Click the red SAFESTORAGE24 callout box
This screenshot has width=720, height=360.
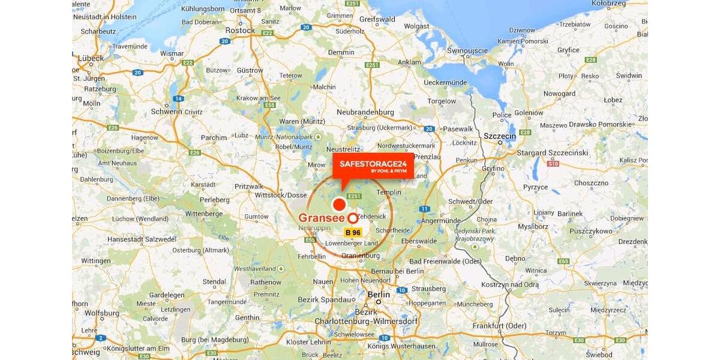pos(373,166)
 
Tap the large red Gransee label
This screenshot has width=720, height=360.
pos(322,218)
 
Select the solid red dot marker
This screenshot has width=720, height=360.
pos(340,204)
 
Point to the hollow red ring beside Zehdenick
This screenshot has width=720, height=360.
pos(353,218)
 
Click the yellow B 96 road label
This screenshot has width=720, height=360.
pos(353,232)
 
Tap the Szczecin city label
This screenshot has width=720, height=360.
pos(500,136)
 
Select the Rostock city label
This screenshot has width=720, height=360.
pos(240,30)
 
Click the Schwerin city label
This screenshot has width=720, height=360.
pos(167,112)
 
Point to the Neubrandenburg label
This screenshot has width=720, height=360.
pos(365,112)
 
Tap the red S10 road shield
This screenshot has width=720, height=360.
pos(553,163)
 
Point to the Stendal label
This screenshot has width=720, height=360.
pos(214,281)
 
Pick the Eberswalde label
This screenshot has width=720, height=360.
pos(418,241)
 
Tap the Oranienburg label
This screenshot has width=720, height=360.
pos(361,256)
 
